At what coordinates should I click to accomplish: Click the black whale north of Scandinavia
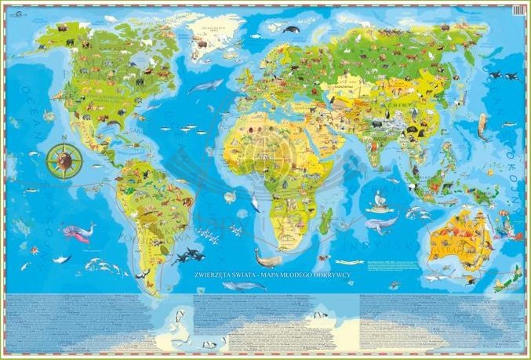[291, 30]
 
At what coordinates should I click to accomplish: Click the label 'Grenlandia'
[209, 25]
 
